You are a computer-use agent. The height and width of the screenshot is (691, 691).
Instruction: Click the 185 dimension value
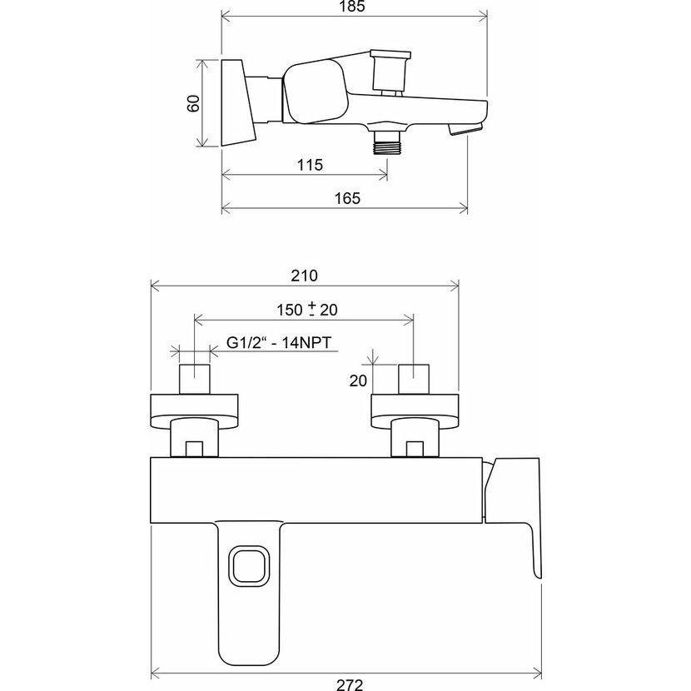(352, 7)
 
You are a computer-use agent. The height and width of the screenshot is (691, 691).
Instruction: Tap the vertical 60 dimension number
(194, 103)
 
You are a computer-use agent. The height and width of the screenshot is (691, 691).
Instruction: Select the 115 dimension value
(310, 165)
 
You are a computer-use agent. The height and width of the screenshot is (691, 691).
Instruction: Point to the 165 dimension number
(347, 198)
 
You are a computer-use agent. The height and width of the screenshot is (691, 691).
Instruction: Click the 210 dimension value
(304, 276)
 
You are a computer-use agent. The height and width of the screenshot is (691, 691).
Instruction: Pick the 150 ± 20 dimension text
(307, 310)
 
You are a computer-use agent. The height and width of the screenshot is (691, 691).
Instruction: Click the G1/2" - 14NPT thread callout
(279, 342)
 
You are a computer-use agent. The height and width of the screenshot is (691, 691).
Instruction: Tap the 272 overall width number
(350, 684)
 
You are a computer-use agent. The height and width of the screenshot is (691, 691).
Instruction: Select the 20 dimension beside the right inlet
(358, 380)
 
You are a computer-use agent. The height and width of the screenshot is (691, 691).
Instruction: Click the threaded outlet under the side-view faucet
(387, 143)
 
